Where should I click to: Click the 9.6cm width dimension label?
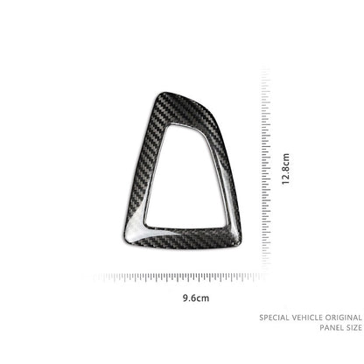pyautogui.click(x=196, y=298)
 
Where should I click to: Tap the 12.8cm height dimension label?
pyautogui.click(x=285, y=169)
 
